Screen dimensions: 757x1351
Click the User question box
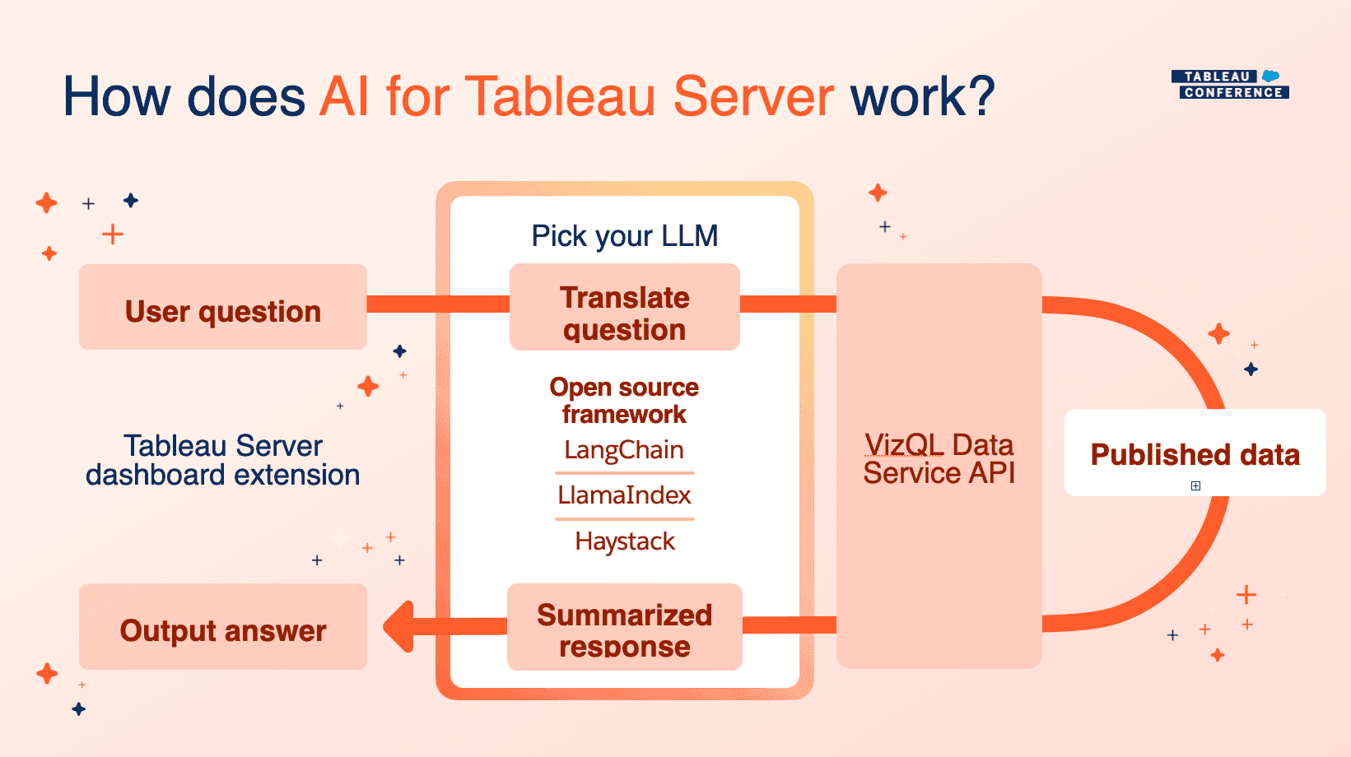[x=222, y=307]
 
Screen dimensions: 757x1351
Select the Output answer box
[x=222, y=627]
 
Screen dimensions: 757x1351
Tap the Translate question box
[x=624, y=308]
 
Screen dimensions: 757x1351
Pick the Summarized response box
[x=624, y=627]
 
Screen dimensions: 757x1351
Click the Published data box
[x=1194, y=453]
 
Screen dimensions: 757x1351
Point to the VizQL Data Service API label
[x=939, y=458]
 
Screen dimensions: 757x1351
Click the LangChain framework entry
[x=624, y=450]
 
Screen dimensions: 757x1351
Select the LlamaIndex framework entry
[x=624, y=495]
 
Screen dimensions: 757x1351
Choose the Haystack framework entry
[x=624, y=541]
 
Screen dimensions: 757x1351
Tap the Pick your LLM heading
[x=624, y=236]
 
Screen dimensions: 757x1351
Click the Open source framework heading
[x=624, y=401]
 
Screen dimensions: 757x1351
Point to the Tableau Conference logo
[x=1229, y=84]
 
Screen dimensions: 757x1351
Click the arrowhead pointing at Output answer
[x=399, y=627]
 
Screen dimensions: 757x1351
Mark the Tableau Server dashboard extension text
[x=222, y=460]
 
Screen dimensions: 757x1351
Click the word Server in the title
[x=753, y=97]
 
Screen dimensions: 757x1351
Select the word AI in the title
[x=345, y=97]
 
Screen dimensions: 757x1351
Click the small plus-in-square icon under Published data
[x=1195, y=485]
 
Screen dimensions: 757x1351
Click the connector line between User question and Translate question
[x=436, y=304]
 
